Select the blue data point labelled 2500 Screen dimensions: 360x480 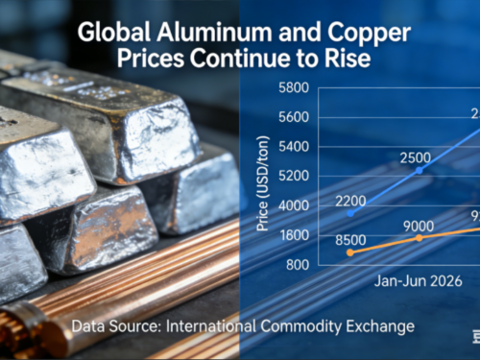coord(419,170)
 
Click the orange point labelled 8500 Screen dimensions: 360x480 coord(349,252)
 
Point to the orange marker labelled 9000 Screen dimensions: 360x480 coord(420,237)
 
